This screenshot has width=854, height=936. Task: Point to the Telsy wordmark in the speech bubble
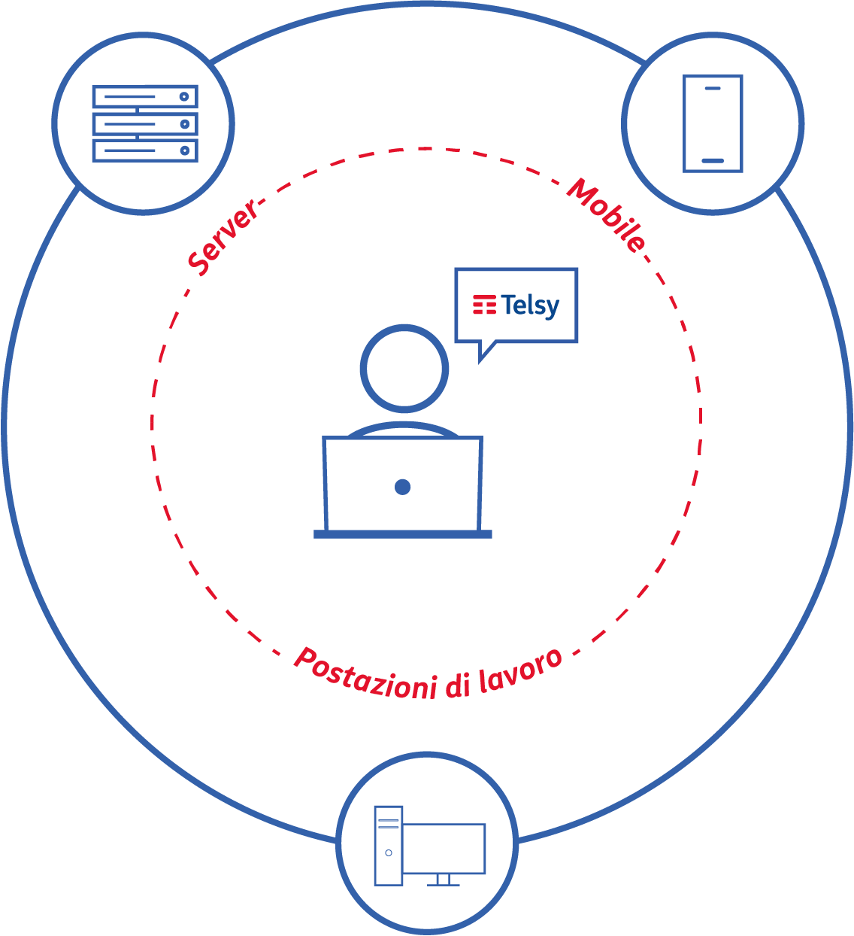[531, 305]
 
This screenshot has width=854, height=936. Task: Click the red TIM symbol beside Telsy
[484, 305]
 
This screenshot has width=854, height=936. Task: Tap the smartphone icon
[712, 123]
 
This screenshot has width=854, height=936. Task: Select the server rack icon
[145, 123]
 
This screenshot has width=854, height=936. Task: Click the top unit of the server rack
[145, 97]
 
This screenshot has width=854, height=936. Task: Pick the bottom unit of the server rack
[145, 150]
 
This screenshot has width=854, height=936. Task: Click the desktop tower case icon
[389, 846]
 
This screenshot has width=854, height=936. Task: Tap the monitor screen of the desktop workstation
[444, 849]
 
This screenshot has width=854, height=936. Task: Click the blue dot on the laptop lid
[402, 487]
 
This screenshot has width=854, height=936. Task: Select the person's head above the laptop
[404, 369]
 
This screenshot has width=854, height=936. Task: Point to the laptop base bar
[403, 534]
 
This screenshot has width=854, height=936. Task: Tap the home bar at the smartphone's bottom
[712, 160]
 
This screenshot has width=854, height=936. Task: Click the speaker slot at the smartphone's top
[712, 88]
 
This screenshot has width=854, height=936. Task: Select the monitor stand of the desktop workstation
[443, 880]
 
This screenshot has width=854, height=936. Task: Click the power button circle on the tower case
[389, 852]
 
